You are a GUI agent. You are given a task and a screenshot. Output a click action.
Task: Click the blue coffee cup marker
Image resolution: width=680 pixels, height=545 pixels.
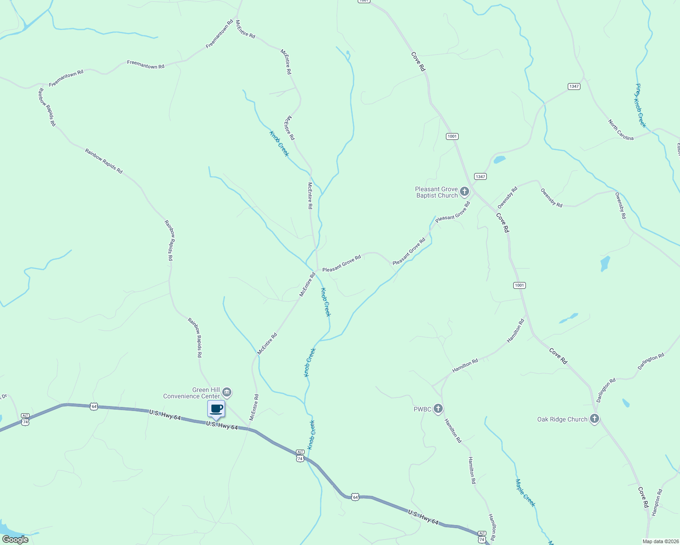click(x=216, y=409)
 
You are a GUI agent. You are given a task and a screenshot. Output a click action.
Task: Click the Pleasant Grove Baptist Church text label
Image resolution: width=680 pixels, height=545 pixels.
click(x=436, y=193)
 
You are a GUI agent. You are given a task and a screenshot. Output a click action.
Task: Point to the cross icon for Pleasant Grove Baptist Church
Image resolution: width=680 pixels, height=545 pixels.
click(x=464, y=192)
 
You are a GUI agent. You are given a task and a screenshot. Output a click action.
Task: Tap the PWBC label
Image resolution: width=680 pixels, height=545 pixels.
click(x=422, y=409)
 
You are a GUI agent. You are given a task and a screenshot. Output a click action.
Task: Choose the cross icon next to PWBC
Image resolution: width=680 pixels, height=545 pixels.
click(x=438, y=409)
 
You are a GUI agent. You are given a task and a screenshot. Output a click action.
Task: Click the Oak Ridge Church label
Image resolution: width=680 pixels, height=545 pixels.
click(x=562, y=419)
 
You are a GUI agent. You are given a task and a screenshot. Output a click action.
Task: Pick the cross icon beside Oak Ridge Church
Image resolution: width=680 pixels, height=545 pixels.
click(x=594, y=419)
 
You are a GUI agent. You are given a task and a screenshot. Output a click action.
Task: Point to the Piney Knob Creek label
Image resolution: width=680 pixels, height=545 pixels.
click(x=640, y=105)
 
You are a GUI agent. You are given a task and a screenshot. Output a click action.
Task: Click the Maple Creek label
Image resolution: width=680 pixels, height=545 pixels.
click(x=525, y=493)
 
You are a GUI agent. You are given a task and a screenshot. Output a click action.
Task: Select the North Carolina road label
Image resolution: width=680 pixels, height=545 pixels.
click(x=621, y=130)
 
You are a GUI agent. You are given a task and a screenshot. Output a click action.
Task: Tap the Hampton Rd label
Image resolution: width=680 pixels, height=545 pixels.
click(x=657, y=502)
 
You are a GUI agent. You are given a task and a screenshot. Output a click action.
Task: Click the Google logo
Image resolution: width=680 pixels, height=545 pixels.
click(x=15, y=540)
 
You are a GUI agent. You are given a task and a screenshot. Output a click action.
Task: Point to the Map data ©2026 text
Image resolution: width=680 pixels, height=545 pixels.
click(x=660, y=541)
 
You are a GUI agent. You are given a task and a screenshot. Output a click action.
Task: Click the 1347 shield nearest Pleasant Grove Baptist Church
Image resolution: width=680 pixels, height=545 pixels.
click(x=480, y=176)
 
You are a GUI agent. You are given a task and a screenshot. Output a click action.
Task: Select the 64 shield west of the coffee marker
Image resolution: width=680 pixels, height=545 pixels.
click(x=94, y=406)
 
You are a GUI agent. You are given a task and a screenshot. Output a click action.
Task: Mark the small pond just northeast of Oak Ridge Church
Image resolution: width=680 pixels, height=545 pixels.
click(x=626, y=403)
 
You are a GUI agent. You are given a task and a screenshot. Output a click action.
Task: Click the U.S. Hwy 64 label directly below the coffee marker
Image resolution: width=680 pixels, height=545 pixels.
click(x=222, y=426)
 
